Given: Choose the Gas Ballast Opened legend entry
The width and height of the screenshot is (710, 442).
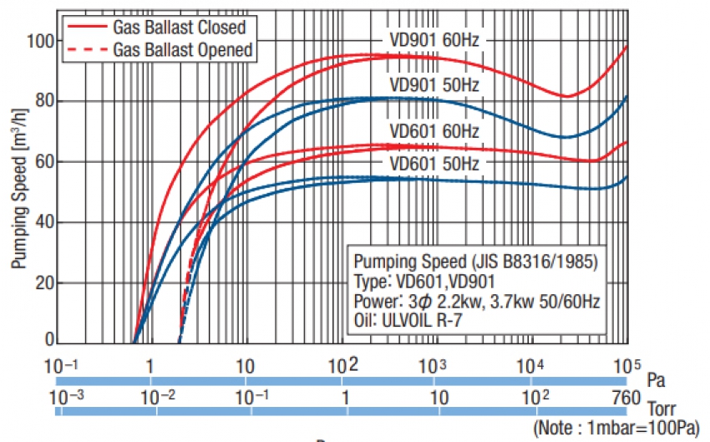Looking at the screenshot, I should [183, 50].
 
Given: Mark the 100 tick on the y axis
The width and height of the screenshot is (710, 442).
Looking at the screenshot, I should [40, 40].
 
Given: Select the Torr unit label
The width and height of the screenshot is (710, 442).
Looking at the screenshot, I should [662, 410].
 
